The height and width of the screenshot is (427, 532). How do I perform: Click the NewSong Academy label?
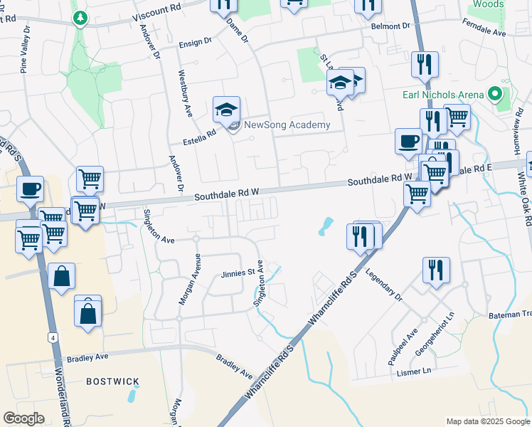pyautogui.click(x=287, y=125)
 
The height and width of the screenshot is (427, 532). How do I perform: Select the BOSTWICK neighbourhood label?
pyautogui.click(x=112, y=381)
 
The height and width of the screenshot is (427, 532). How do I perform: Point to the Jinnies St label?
pyautogui.click(x=238, y=273)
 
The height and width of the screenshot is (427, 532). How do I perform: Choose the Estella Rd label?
pyautogui.click(x=202, y=135)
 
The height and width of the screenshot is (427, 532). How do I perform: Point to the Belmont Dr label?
pyautogui.click(x=391, y=26)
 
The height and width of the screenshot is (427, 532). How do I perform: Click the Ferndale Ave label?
pyautogui.click(x=484, y=33)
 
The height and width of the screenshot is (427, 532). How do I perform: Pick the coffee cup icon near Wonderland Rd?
pyautogui.click(x=31, y=189)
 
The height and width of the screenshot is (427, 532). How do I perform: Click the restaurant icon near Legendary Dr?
pyautogui.click(x=436, y=270)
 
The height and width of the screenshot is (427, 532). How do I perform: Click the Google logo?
pyautogui.click(x=23, y=418)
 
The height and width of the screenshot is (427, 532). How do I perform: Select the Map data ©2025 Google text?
pyautogui.click(x=487, y=421)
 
